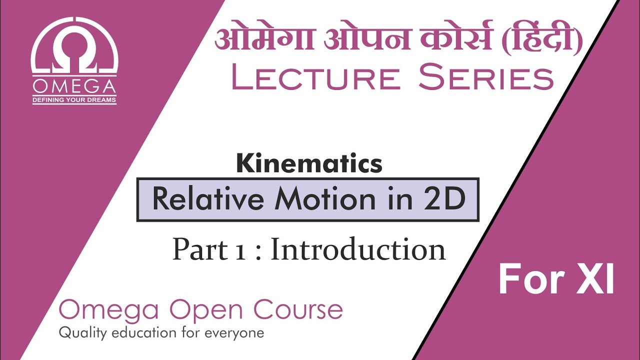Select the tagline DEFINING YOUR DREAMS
tap(74, 100)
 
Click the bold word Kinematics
tap(309, 163)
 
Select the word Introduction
tap(358, 249)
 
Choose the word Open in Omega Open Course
tap(209, 311)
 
